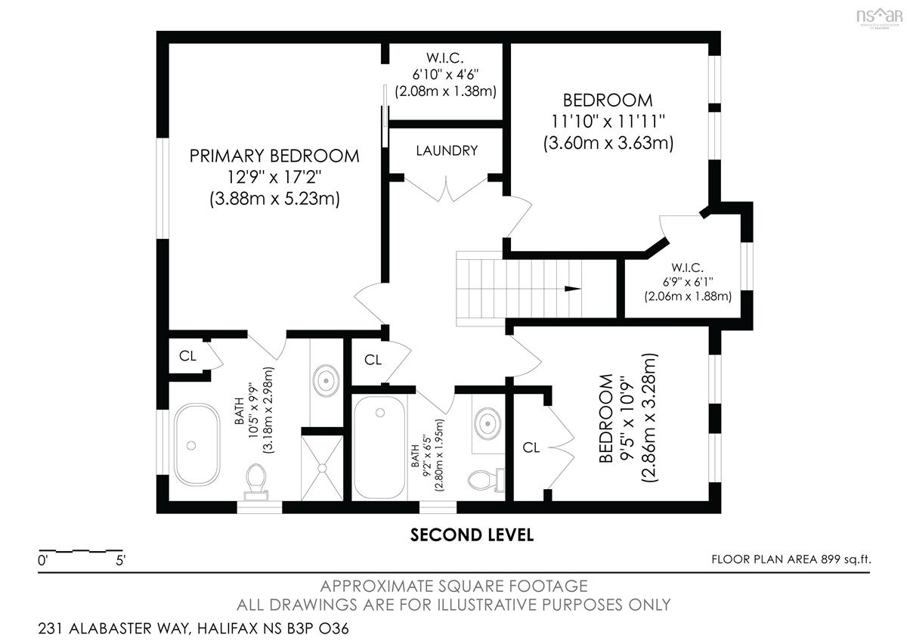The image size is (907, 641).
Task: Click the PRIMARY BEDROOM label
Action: [x=274, y=156]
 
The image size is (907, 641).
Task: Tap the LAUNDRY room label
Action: [x=447, y=150]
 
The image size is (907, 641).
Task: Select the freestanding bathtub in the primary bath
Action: [x=197, y=444]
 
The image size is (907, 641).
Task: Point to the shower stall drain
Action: [x=322, y=468]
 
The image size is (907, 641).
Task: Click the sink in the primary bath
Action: [x=326, y=381]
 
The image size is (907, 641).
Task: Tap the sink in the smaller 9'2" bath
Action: [x=488, y=423]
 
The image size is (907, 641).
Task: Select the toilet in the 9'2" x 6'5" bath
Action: [x=486, y=480]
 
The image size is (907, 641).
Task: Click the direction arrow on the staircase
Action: [x=573, y=289]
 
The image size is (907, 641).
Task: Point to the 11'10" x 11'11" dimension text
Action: [x=608, y=121]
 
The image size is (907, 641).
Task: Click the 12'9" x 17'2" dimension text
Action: [x=274, y=177]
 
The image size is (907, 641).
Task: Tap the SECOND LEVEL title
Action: [x=472, y=535]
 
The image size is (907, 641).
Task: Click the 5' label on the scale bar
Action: [x=121, y=561]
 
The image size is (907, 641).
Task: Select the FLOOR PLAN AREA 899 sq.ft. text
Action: [x=791, y=559]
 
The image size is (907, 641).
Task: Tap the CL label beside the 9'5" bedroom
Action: [x=531, y=447]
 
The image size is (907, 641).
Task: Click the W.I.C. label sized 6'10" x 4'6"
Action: [x=445, y=58]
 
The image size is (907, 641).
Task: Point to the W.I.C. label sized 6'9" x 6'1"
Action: [x=687, y=268]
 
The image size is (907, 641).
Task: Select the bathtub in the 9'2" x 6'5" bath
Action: [x=379, y=447]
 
